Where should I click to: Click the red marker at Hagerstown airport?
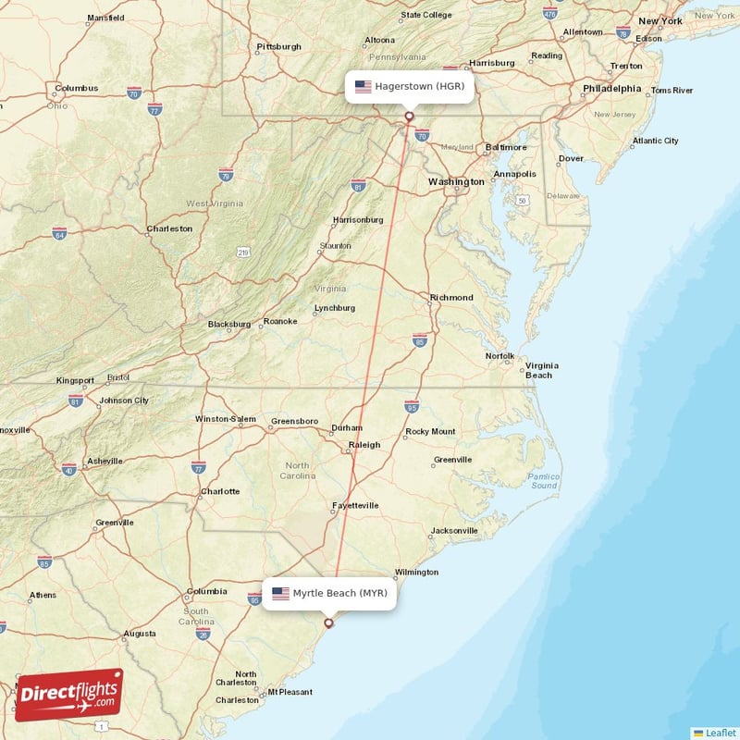click(x=409, y=117)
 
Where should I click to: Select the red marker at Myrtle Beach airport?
click(x=328, y=623)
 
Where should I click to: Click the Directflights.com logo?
click(x=69, y=695)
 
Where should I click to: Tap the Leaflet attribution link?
click(x=720, y=732)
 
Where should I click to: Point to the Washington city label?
click(x=455, y=182)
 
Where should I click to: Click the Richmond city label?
click(x=451, y=298)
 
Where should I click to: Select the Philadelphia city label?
click(x=611, y=89)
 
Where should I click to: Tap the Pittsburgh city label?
click(x=278, y=46)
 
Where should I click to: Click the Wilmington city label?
click(x=416, y=572)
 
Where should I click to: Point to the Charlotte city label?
click(x=220, y=491)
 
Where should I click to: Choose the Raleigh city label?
click(x=364, y=445)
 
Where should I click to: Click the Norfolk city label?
click(x=499, y=356)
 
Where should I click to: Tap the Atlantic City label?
click(x=655, y=141)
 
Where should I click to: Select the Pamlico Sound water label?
click(x=544, y=481)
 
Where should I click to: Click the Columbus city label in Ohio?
click(x=76, y=89)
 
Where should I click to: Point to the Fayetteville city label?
click(x=355, y=506)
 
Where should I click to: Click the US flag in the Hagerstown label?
click(x=363, y=87)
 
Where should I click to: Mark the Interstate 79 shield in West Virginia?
click(x=226, y=173)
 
